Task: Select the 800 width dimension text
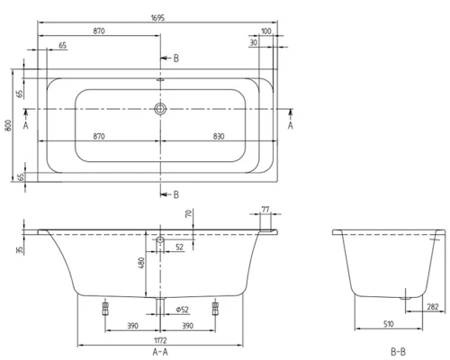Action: click(x=8, y=128)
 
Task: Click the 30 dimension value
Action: click(x=255, y=42)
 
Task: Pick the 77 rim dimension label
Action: click(x=266, y=211)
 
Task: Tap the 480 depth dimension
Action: click(x=140, y=263)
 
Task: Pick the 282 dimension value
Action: click(x=432, y=306)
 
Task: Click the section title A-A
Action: click(x=159, y=352)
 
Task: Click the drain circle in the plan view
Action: click(x=160, y=109)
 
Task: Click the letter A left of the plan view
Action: click(x=26, y=127)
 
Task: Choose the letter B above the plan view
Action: click(x=176, y=58)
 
